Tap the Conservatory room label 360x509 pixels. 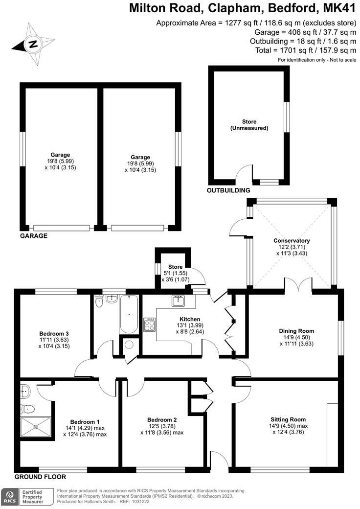292,241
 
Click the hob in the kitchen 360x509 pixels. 150,324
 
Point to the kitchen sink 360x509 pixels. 177,301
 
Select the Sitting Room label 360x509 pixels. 288,419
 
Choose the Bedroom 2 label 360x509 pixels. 162,420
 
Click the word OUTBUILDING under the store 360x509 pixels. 228,190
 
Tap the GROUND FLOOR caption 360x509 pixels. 40,476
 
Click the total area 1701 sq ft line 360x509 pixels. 305,50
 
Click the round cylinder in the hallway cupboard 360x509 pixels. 129,345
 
